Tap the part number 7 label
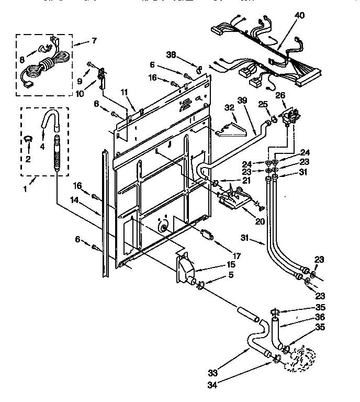click(94, 40)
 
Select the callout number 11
click(124, 92)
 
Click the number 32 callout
click(229, 107)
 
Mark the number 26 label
click(280, 95)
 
